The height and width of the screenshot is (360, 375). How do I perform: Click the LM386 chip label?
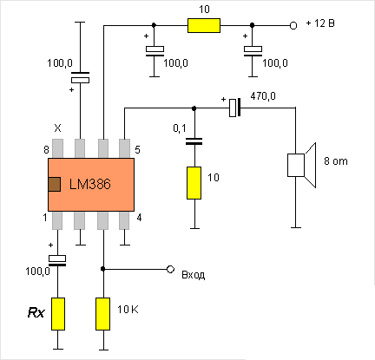(96, 185)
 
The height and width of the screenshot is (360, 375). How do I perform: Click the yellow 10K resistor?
(104, 313)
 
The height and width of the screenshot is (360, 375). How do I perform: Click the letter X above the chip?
(58, 128)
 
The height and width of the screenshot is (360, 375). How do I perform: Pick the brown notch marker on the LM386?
(54, 184)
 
